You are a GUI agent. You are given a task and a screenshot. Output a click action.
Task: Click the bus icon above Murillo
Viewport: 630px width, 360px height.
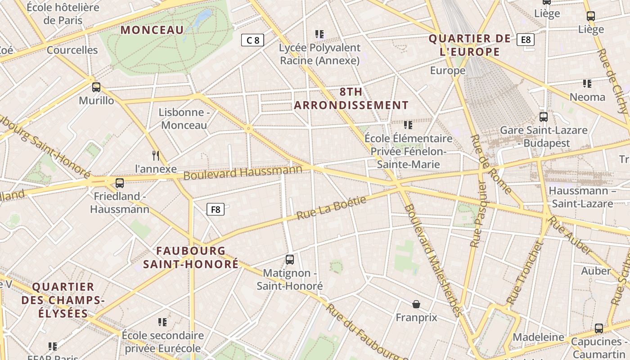pyautogui.click(x=96, y=87)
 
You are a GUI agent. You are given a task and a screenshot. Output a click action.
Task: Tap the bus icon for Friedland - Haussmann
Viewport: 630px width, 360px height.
pyautogui.click(x=119, y=183)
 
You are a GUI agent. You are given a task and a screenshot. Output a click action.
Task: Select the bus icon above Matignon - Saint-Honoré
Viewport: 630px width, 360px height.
pyautogui.click(x=290, y=260)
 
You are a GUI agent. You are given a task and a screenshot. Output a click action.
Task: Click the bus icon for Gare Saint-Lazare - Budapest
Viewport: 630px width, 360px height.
pyautogui.click(x=544, y=117)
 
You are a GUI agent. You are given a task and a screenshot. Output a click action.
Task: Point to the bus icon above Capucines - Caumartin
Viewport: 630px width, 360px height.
pyautogui.click(x=598, y=328)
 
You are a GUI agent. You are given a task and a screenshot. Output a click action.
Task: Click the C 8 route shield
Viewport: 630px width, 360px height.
pyautogui.click(x=252, y=40)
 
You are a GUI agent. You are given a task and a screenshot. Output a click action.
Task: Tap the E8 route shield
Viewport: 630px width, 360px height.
pyautogui.click(x=526, y=40)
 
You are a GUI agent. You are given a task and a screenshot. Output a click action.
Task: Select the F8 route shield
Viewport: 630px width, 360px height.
pyautogui.click(x=216, y=209)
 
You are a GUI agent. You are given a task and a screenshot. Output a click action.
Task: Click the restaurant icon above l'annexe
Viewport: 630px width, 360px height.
pyautogui.click(x=156, y=156)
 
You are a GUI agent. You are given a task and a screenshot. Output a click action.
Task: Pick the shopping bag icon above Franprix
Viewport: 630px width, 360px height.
pyautogui.click(x=416, y=304)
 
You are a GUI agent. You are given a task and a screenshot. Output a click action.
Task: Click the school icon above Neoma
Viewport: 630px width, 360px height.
pyautogui.click(x=587, y=83)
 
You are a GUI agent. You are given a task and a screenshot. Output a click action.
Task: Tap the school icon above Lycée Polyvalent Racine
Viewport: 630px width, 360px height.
pyautogui.click(x=319, y=34)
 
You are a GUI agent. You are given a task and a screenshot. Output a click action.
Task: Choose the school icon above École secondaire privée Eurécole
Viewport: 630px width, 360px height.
pyautogui.click(x=162, y=322)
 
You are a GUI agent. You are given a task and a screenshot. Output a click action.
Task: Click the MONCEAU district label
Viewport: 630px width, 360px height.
pyautogui.click(x=152, y=30)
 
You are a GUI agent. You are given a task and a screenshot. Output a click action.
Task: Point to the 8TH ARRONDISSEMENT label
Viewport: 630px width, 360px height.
pyautogui.click(x=351, y=99)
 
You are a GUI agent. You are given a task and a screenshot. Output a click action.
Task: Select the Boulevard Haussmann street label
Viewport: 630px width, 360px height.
pyautogui.click(x=243, y=172)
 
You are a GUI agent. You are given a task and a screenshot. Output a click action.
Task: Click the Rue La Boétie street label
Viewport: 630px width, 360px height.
pyautogui.click(x=332, y=208)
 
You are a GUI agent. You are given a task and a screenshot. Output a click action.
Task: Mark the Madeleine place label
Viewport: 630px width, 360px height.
pyautogui.click(x=538, y=337)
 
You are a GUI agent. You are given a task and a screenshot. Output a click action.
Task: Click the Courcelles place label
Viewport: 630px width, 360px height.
pyautogui.click(x=72, y=50)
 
